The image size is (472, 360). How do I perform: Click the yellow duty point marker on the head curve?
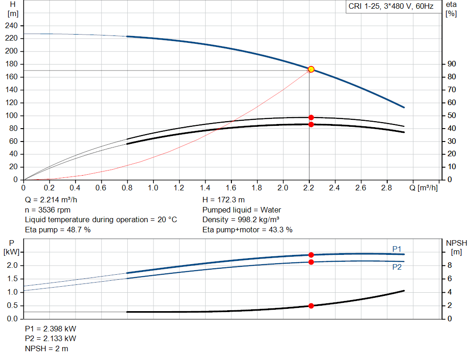click(311, 69)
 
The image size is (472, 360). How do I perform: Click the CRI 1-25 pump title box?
click(391, 7)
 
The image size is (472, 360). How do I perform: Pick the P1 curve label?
click(397, 249)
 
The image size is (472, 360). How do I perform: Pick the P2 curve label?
click(397, 267)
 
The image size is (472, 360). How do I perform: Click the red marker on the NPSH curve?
click(311, 306)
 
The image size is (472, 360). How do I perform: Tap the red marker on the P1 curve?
click(311, 255)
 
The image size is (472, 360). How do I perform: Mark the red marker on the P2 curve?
click(311, 262)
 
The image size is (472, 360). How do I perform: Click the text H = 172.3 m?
click(224, 200)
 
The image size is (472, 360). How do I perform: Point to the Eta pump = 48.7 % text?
click(58, 230)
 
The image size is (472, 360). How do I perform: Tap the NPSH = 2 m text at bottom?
click(47, 348)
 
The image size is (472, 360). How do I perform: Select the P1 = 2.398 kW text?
click(51, 329)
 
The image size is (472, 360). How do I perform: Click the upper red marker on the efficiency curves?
click(311, 118)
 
